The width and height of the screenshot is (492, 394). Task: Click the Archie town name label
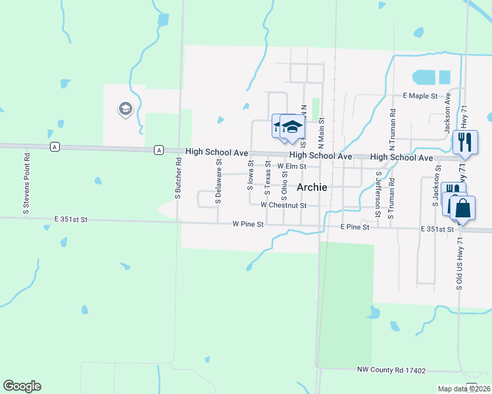[x=312, y=187]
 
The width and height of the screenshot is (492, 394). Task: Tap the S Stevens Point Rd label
[x=27, y=184]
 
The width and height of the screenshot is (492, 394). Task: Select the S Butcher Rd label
[x=178, y=178]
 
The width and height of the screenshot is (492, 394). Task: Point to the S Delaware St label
[x=218, y=185]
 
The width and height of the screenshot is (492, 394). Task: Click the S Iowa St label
[x=251, y=174]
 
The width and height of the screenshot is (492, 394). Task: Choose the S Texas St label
[x=268, y=178]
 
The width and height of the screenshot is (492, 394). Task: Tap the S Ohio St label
[x=284, y=181]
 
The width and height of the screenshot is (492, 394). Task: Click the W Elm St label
[x=291, y=167]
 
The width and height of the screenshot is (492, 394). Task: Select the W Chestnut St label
[x=283, y=205]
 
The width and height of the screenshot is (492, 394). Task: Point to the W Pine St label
[x=248, y=224]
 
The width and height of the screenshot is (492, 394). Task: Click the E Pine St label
[x=356, y=227]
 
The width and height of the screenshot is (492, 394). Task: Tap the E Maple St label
[x=420, y=96]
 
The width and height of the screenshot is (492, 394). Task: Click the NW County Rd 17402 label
[x=391, y=370]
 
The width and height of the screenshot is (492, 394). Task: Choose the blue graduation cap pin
[x=292, y=127]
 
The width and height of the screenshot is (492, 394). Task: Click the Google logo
[x=22, y=386]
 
